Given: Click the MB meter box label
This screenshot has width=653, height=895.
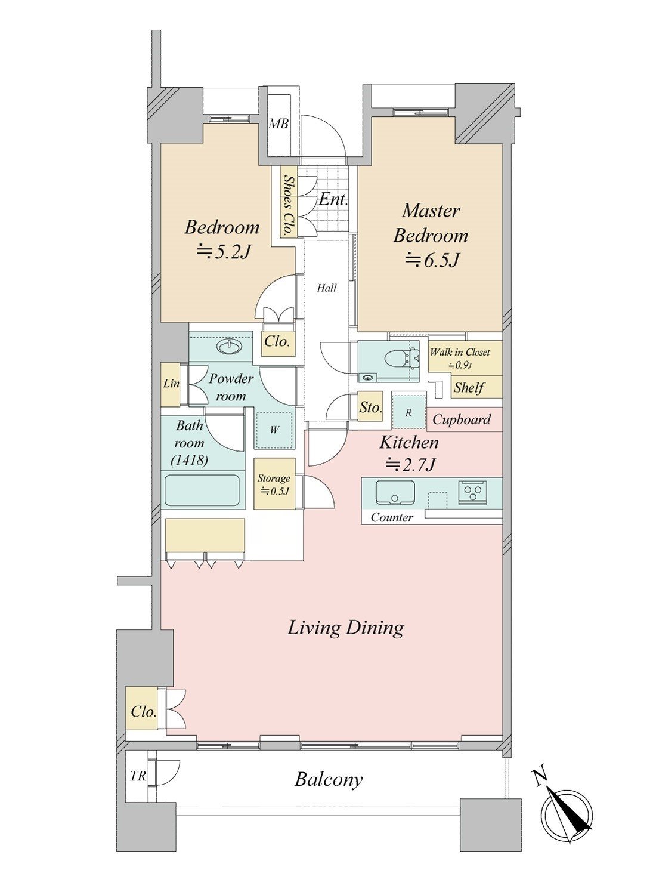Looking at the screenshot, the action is click(x=278, y=124).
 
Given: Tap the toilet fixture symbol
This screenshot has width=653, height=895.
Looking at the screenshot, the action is click(x=408, y=356).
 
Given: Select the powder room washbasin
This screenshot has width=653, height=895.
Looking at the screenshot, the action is click(x=229, y=347).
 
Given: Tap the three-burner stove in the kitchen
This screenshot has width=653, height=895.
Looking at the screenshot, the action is click(x=473, y=490).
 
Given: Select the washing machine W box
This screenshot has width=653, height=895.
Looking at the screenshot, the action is click(x=274, y=430).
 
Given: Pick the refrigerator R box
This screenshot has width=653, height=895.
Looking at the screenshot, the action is click(x=408, y=412).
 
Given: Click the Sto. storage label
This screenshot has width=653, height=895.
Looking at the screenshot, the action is click(x=370, y=408).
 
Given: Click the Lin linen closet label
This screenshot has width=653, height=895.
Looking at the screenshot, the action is click(x=171, y=384).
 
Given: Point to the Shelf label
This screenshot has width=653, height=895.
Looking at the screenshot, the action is click(x=469, y=387).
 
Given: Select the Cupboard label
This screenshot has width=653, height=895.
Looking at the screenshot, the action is click(x=462, y=419).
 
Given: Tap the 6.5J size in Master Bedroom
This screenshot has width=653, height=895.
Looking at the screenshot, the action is click(x=432, y=260).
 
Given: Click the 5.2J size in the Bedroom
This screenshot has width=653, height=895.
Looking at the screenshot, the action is click(x=223, y=252).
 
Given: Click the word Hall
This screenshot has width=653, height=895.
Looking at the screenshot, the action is click(x=327, y=288).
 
